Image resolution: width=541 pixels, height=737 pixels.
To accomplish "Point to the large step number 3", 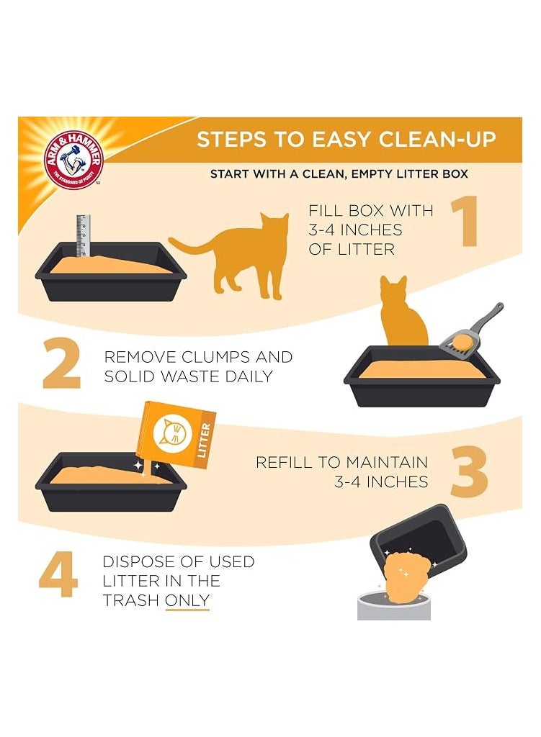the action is tap(469, 471).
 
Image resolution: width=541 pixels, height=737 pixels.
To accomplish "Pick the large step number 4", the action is tap(58, 574).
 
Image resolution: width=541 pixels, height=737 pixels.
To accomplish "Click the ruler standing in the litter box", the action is tap(83, 236).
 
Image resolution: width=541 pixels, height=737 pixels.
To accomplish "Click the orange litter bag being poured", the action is tap(176, 435).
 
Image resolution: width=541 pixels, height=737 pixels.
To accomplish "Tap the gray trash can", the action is tap(394, 606).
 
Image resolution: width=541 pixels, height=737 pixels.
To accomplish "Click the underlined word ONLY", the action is tap(187, 600).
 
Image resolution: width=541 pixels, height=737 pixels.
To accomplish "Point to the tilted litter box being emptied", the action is tap(419, 535).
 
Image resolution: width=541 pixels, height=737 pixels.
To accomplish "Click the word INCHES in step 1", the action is tap(371, 230).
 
